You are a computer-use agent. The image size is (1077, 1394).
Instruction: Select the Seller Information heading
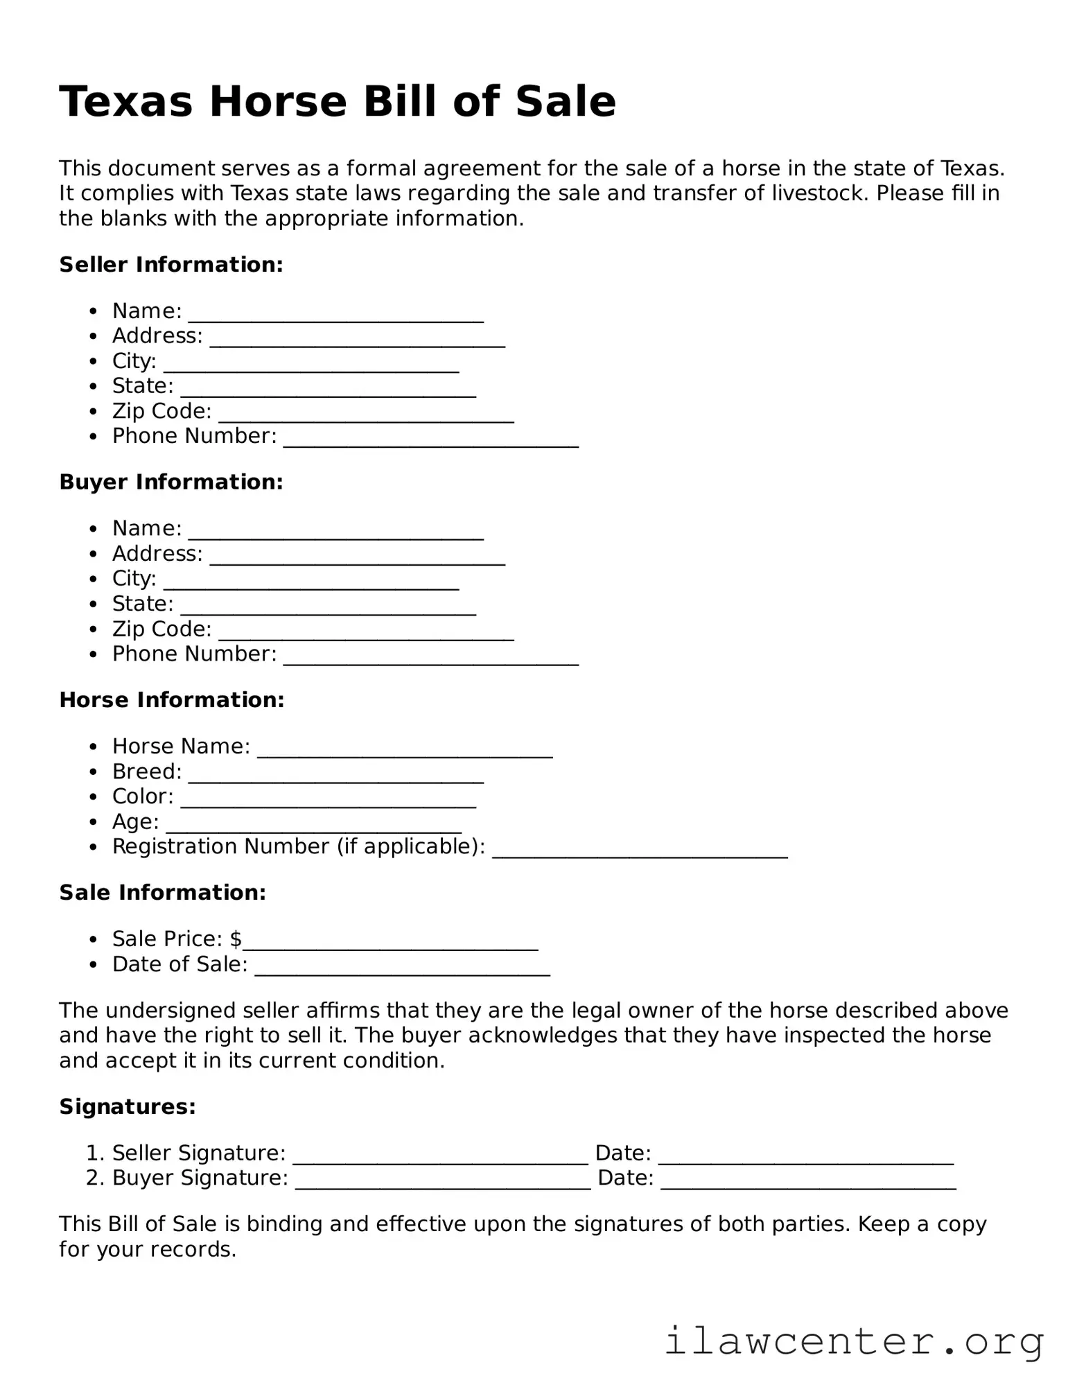(171, 265)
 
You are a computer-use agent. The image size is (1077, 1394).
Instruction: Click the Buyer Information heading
(171, 482)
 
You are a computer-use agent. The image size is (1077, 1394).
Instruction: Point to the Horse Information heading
(172, 700)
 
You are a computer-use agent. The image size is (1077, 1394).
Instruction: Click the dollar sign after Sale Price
(236, 939)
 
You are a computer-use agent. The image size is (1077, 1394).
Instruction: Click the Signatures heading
(128, 1107)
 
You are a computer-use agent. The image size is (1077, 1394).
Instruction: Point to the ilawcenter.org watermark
(854, 1341)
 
